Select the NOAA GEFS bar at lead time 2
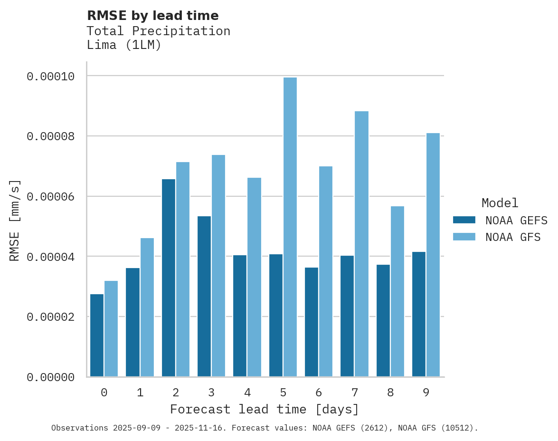tap(168, 278)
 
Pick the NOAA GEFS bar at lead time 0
tap(97, 336)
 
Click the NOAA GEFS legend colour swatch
tap(464, 220)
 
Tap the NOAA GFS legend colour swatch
tap(464, 237)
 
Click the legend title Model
tap(500, 203)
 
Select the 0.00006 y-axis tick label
tap(50, 197)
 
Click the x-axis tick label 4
tap(247, 393)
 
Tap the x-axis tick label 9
tap(426, 393)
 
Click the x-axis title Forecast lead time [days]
tap(265, 409)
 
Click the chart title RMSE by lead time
tap(152, 16)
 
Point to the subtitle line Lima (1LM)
tap(124, 45)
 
